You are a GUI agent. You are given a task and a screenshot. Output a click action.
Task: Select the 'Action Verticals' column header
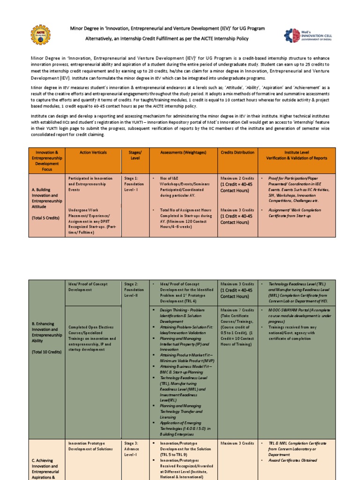pos(93,152)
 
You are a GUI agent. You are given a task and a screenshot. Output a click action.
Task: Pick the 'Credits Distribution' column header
pos(238,152)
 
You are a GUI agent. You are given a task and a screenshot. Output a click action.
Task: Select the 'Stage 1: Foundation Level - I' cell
pos(135,185)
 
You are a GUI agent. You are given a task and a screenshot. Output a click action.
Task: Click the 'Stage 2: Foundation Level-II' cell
pos(135,290)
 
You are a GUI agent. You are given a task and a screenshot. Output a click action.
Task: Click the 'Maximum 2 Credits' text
pos(237,179)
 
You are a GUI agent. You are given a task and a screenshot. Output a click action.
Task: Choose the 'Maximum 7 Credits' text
pos(237,310)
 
